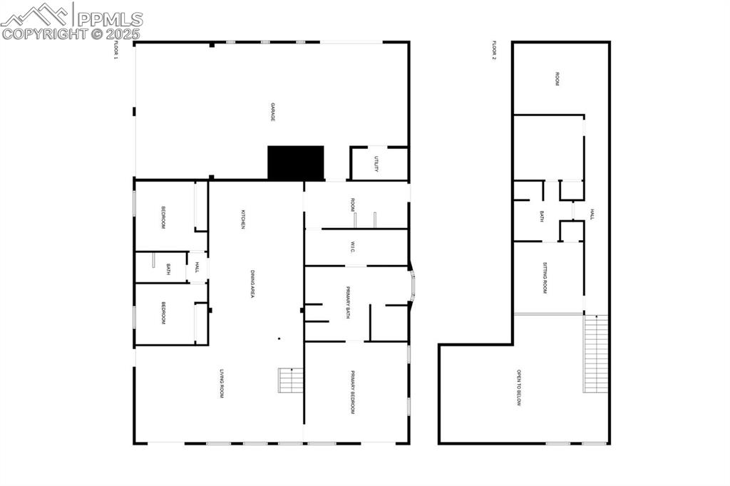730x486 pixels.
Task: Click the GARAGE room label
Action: [x=272, y=112]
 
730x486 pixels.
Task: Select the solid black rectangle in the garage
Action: [x=295, y=163]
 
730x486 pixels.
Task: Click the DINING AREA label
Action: [x=252, y=283]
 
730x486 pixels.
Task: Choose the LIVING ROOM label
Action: [x=222, y=383]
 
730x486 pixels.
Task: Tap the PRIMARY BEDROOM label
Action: [x=352, y=392]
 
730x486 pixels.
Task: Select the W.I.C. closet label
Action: [x=352, y=247]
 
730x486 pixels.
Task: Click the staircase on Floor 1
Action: [x=290, y=381]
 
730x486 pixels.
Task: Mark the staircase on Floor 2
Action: [x=596, y=354]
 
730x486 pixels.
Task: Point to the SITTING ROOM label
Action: [x=545, y=278]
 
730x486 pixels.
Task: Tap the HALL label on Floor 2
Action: [x=591, y=214]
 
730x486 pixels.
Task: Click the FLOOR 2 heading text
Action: [x=493, y=51]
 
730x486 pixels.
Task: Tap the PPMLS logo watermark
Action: [x=71, y=21]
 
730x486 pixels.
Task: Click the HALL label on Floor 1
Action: [x=197, y=268]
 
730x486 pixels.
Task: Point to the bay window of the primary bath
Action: [x=413, y=286]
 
